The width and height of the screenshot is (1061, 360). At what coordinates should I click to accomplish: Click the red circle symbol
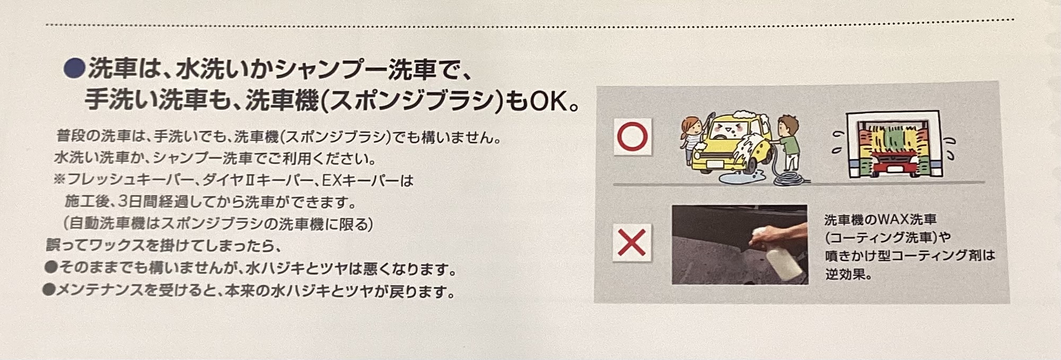point(633,137)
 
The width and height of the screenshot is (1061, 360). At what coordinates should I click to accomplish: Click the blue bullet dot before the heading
point(74,68)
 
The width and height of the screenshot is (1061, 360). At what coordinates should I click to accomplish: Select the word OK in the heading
point(546,101)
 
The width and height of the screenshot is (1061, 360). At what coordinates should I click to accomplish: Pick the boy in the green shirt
point(787,143)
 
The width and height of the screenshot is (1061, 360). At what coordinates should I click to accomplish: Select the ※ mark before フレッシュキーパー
point(59,181)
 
